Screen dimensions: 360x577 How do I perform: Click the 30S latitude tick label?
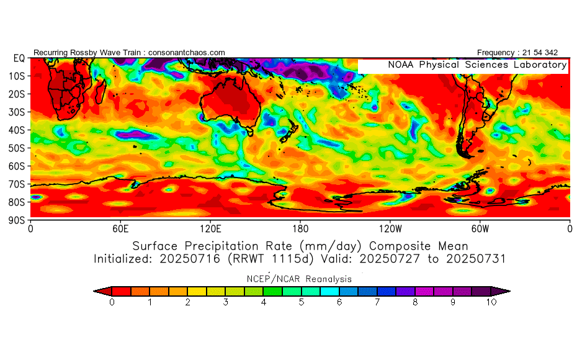(x=17, y=112)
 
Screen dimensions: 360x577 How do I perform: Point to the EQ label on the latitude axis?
(x=19, y=58)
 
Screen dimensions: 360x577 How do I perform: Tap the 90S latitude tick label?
(x=17, y=220)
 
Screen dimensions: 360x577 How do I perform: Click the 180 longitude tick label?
(x=300, y=228)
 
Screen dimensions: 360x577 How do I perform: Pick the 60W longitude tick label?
(x=480, y=228)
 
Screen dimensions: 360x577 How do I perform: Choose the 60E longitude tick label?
(x=120, y=228)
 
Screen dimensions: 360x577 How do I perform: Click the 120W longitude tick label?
(x=390, y=228)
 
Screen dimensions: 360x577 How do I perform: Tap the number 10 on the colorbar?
(x=491, y=302)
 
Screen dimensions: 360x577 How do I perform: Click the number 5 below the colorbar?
(x=302, y=302)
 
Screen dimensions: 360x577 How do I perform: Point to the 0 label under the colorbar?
(x=112, y=302)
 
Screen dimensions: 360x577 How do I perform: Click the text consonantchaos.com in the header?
(x=187, y=53)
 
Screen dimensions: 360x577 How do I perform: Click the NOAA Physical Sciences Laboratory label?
(x=477, y=65)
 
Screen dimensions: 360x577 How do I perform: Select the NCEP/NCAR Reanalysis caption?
(x=302, y=279)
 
